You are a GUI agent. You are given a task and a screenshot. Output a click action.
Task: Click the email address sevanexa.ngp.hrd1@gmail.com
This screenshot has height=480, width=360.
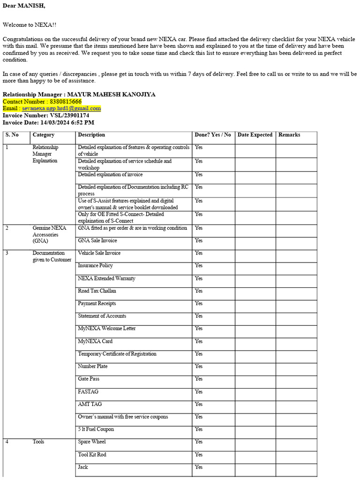(x=61, y=108)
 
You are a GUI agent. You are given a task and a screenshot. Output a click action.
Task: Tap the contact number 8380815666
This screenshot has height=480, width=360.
(x=65, y=101)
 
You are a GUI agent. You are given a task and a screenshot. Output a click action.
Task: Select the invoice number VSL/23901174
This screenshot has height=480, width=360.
(x=69, y=115)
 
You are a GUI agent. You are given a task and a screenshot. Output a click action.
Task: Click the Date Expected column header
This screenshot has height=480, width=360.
(x=255, y=135)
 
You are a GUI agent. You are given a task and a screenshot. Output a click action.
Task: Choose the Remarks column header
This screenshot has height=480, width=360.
(x=289, y=135)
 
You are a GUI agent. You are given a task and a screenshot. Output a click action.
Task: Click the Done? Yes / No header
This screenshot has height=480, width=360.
(x=213, y=135)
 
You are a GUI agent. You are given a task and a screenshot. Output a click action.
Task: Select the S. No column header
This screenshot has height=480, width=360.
(x=12, y=135)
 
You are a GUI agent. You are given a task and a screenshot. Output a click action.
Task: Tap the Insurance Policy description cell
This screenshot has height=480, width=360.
(x=95, y=266)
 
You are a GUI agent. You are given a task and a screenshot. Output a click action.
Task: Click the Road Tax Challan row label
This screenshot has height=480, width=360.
(x=97, y=291)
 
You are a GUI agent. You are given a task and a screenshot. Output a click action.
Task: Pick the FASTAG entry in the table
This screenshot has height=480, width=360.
(x=88, y=392)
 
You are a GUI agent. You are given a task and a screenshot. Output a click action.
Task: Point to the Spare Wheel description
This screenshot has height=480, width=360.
(x=92, y=442)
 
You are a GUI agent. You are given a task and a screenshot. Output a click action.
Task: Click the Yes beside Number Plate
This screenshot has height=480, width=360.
(x=199, y=367)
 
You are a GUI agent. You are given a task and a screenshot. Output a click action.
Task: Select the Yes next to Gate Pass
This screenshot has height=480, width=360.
(x=199, y=379)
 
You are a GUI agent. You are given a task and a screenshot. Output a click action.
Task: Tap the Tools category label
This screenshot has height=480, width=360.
(x=38, y=442)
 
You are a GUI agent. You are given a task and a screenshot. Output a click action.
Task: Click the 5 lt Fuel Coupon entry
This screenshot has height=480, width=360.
(x=96, y=429)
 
